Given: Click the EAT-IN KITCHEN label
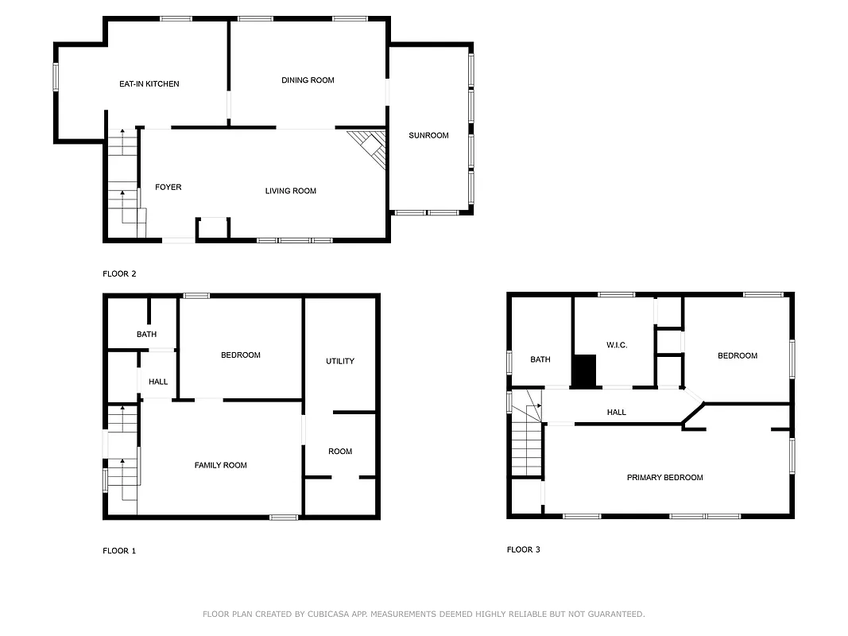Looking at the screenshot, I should (149, 83).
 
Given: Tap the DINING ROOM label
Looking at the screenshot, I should (308, 79).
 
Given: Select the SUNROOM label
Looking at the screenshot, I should (428, 135).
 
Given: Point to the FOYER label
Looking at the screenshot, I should (168, 187).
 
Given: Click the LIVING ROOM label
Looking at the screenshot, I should (291, 191).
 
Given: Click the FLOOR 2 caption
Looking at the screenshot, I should (119, 273).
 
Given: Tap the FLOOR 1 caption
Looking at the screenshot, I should (119, 550).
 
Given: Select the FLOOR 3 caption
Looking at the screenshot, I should (524, 549).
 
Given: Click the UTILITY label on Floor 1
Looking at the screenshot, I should (340, 361).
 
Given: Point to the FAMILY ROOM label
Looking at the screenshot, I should (220, 465).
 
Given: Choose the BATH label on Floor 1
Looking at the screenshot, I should (146, 334).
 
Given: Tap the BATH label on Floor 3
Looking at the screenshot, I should (540, 359).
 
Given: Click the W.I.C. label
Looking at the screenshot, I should (617, 345).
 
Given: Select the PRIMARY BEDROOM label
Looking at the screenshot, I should (664, 477).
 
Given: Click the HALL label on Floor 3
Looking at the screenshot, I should (617, 412).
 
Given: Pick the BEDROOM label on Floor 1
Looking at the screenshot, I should (240, 355).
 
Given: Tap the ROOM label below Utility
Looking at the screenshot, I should (340, 452).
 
